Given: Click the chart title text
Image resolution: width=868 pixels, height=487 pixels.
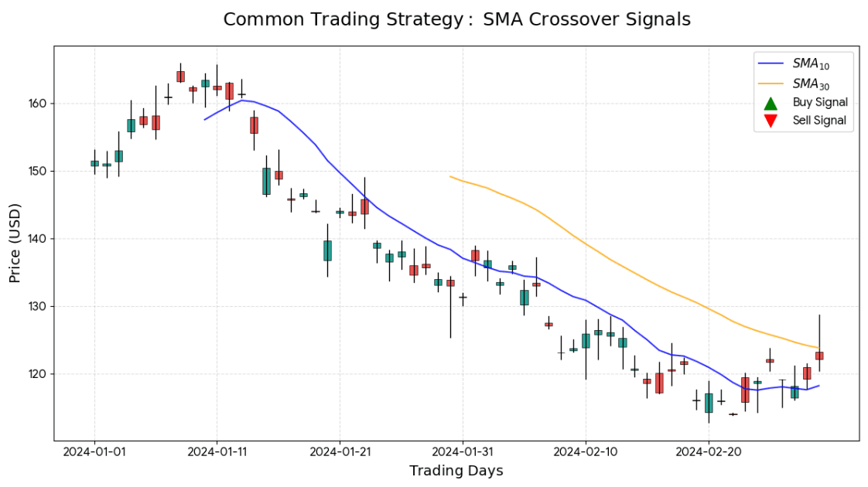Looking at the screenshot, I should pyautogui.click(x=456, y=20).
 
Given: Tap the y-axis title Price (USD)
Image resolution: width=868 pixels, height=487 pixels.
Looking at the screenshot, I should pyautogui.click(x=16, y=243).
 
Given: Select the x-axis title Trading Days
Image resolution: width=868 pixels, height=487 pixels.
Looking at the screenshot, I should pyautogui.click(x=456, y=471).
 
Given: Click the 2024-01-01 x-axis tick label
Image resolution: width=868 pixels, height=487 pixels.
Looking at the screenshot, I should pyautogui.click(x=94, y=451).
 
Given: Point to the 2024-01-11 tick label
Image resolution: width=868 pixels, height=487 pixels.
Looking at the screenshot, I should pyautogui.click(x=217, y=451).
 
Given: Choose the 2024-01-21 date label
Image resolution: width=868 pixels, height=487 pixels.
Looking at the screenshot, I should pyautogui.click(x=340, y=451).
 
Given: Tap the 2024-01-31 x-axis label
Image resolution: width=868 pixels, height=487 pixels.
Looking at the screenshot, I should pyautogui.click(x=463, y=451).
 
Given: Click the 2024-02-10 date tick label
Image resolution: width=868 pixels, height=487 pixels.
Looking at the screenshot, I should pyautogui.click(x=586, y=451).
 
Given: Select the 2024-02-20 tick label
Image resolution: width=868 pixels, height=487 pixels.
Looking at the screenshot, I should pyautogui.click(x=708, y=451).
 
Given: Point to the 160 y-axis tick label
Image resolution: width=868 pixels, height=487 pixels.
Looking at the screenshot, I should pyautogui.click(x=38, y=104).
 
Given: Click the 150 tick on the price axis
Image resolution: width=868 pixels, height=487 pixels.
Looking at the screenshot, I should pyautogui.click(x=38, y=171).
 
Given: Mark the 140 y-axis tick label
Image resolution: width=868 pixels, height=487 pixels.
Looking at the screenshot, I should pyautogui.click(x=38, y=239).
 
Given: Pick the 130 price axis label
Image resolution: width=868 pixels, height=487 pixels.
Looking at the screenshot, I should pyautogui.click(x=38, y=306).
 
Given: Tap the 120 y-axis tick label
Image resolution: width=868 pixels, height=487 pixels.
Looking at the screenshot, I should pyautogui.click(x=38, y=374).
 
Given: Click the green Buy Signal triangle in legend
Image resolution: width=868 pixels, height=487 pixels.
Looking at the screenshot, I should pyautogui.click(x=770, y=103).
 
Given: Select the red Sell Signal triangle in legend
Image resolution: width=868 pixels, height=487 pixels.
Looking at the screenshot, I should pyautogui.click(x=770, y=121).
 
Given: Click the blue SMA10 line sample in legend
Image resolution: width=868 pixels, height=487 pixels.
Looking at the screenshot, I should pyautogui.click(x=770, y=63).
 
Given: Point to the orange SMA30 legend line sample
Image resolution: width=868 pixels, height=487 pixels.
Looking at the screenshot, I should pyautogui.click(x=770, y=83).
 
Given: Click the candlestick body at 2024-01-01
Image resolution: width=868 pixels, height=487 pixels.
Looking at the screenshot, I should pyautogui.click(x=94, y=163).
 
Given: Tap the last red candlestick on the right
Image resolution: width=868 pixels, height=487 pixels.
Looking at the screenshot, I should pyautogui.click(x=819, y=356).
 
